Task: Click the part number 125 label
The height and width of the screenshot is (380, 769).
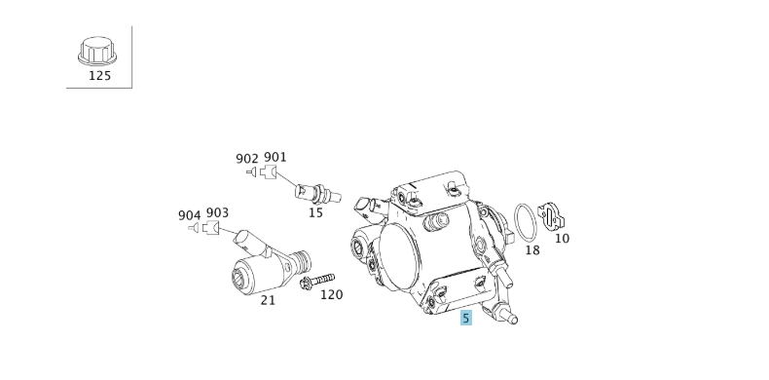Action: [x=99, y=75]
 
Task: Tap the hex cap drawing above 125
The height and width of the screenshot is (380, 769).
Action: [x=98, y=51]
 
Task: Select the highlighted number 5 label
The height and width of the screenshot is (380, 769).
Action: [x=466, y=318]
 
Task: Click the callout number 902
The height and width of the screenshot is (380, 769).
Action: [x=247, y=158]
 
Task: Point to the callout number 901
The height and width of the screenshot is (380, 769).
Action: [x=275, y=157]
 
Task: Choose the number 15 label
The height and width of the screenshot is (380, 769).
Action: [x=315, y=211]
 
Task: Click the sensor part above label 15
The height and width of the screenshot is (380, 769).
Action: [x=315, y=190]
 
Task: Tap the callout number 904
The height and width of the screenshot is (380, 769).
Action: [x=189, y=214]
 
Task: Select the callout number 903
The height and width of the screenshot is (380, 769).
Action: [x=217, y=213]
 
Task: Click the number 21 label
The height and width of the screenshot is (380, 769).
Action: [x=268, y=300]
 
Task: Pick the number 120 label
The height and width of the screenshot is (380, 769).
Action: [x=332, y=294]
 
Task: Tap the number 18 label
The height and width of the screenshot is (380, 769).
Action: [x=531, y=249]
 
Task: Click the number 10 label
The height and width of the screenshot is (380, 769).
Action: [x=562, y=238]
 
